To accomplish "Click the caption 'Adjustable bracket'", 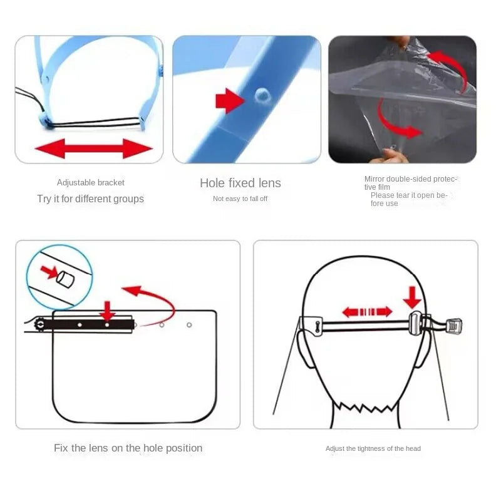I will (91, 183).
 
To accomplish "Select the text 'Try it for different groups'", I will (90, 199).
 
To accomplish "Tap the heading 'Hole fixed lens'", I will (240, 183).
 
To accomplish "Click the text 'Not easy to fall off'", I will (240, 199).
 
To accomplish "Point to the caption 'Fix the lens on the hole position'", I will (128, 448).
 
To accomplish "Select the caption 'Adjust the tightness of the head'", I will (373, 448).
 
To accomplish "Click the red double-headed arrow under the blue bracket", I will (93, 148).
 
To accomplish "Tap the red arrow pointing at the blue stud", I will (229, 100).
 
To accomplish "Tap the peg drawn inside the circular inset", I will (65, 278).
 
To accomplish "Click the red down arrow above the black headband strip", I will (108, 310).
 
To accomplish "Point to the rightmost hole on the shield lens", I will (189, 324).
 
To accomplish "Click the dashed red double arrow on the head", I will (367, 311).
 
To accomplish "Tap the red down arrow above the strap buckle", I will (413, 297).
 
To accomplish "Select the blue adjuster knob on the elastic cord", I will (43, 120).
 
